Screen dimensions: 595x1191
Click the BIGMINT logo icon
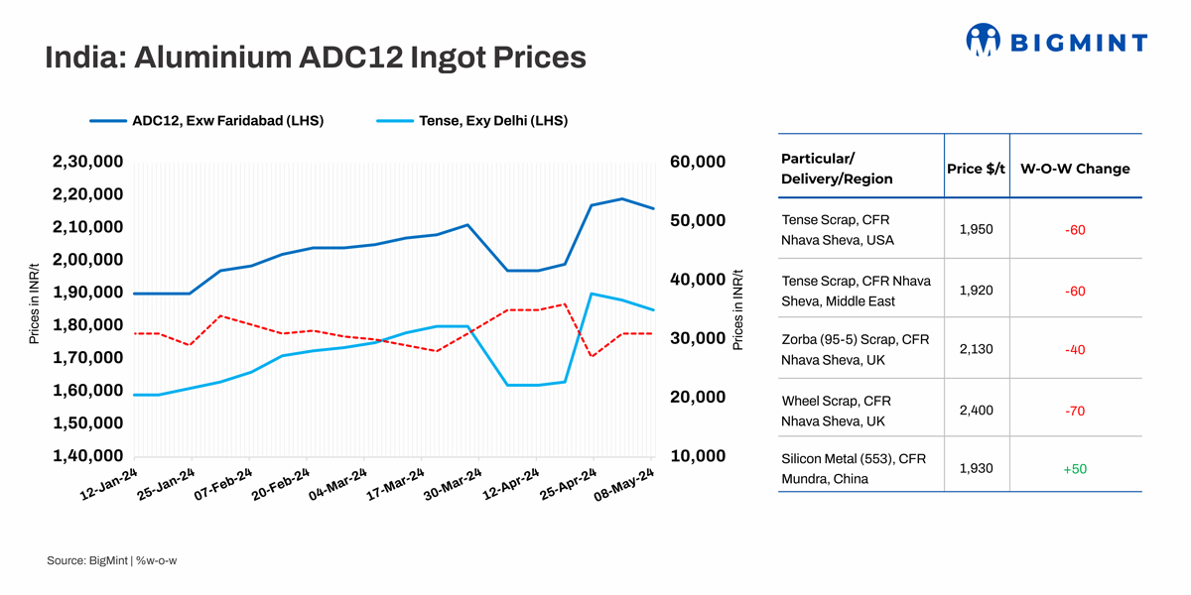(983, 40)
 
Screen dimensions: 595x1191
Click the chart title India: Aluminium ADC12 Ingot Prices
(316, 58)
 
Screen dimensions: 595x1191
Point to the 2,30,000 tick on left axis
(87, 162)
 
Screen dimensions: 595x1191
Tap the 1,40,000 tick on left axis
(87, 456)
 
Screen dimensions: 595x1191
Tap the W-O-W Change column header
(1075, 169)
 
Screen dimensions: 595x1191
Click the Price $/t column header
(977, 169)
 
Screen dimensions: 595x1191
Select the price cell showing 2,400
(977, 410)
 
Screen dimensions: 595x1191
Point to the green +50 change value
(1074, 468)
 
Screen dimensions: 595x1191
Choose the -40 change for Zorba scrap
(1074, 350)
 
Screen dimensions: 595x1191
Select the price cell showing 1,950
(977, 230)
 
